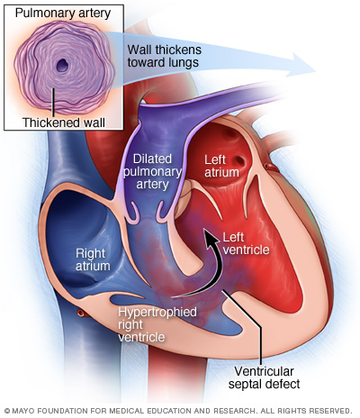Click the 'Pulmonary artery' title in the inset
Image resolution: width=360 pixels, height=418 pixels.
63,14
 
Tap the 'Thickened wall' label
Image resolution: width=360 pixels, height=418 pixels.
64,123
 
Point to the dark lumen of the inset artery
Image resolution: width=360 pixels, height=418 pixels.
63,65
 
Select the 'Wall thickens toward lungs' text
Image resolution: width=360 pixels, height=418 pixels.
165,56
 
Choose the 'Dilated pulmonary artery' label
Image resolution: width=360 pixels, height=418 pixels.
152,171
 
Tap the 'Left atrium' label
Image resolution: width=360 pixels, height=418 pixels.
221,166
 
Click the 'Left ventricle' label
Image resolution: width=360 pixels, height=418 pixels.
246,243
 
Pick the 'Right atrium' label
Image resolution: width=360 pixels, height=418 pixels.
93,259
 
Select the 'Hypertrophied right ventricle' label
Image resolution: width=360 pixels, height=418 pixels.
157,324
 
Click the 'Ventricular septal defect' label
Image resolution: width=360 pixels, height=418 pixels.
264,377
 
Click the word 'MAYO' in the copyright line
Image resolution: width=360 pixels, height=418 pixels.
21,411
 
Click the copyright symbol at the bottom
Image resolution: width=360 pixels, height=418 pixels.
7,411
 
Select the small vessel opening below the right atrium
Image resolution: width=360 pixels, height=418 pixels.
81,313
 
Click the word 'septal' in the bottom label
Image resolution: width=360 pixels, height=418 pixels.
246,385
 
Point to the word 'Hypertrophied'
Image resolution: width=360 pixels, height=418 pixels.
157,313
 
